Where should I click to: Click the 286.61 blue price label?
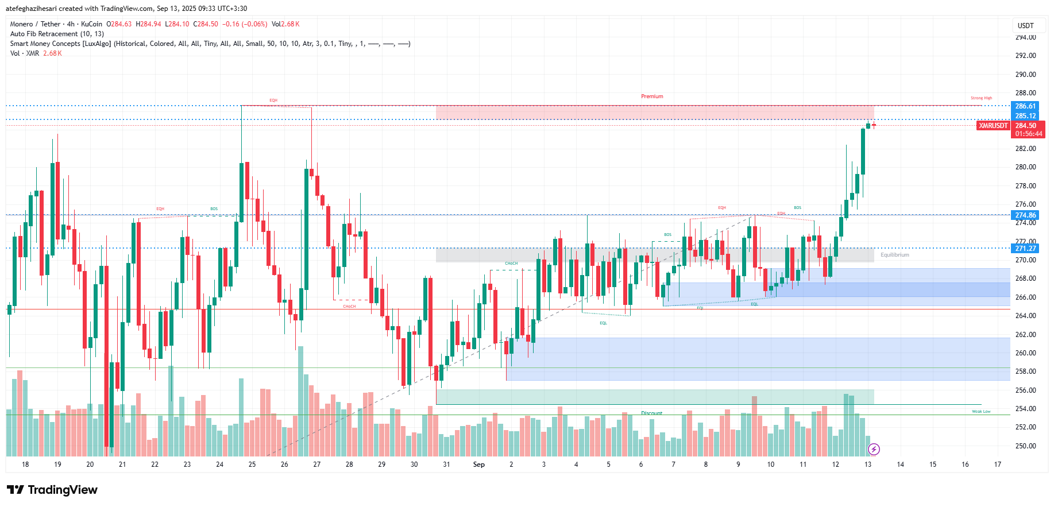point(1025,106)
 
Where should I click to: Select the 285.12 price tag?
point(1025,116)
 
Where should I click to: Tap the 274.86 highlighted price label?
point(1025,215)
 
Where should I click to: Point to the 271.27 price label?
point(1025,249)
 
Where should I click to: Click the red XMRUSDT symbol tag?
point(993,126)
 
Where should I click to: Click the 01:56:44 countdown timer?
point(1028,134)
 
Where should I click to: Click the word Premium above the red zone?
point(652,96)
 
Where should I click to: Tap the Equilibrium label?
point(894,255)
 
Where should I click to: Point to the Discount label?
point(651,413)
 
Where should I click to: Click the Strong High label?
point(981,98)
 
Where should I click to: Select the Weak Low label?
point(981,412)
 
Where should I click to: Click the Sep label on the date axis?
point(478,465)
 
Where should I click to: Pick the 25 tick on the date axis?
point(252,465)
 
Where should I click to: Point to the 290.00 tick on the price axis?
point(1025,75)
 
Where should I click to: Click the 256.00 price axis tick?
point(1025,390)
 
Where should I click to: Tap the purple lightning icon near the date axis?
point(874,449)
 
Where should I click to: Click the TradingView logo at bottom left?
point(52,490)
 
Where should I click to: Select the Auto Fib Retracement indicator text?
point(57,34)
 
